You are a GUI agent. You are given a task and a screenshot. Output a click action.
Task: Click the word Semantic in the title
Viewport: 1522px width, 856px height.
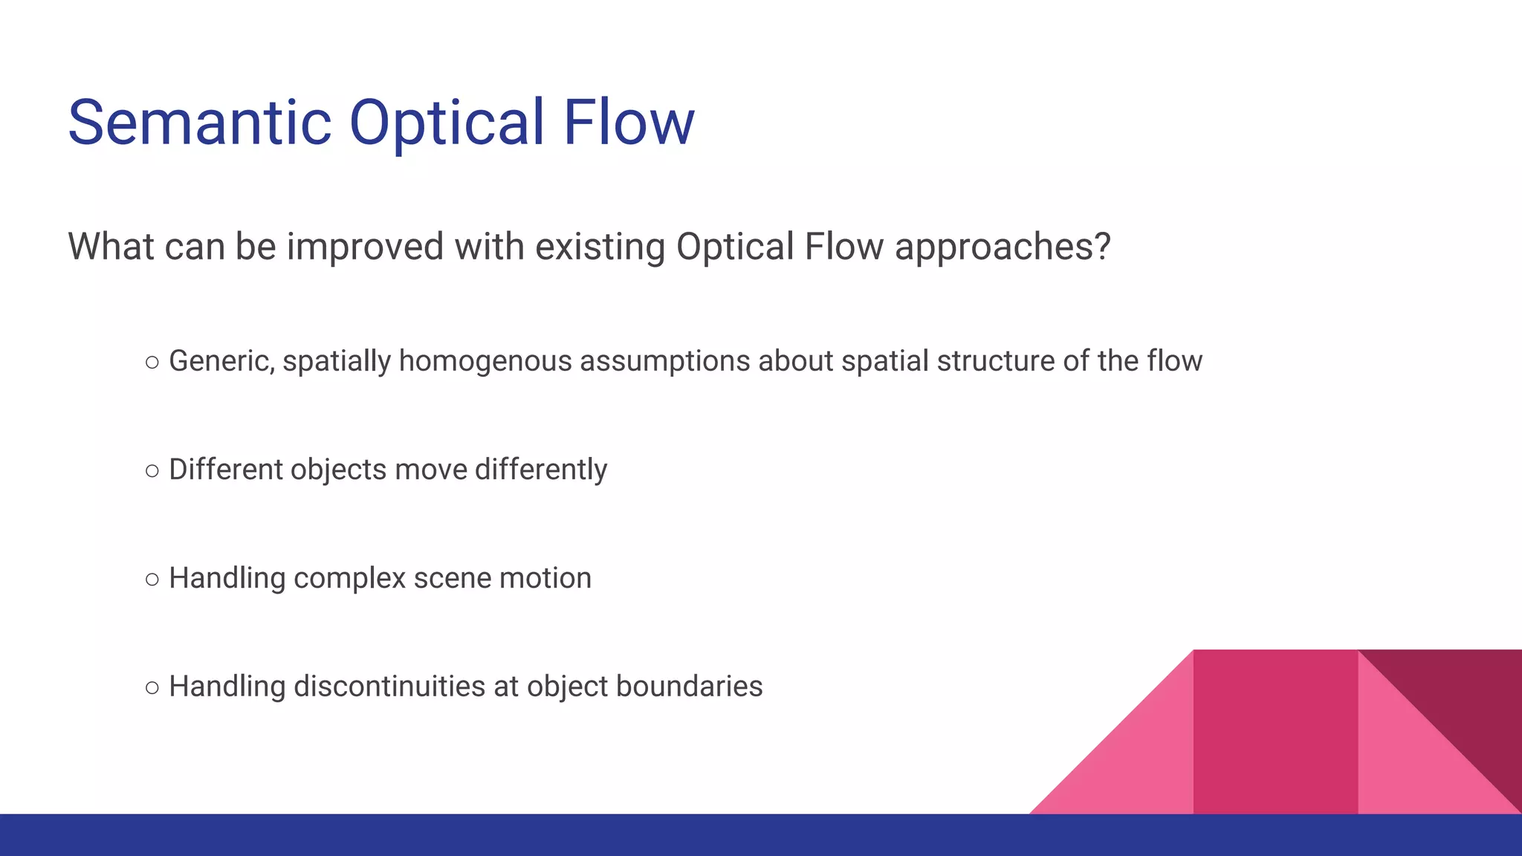199,123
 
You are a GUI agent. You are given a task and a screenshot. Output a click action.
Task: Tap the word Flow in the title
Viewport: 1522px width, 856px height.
628,123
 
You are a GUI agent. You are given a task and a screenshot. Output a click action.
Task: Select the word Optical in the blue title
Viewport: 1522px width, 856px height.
447,123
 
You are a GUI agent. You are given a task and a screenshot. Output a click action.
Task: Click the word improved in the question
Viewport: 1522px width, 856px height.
365,247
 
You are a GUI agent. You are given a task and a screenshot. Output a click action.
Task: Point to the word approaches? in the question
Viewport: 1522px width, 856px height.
1003,247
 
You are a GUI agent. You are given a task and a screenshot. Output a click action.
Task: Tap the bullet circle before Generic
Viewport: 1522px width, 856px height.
152,363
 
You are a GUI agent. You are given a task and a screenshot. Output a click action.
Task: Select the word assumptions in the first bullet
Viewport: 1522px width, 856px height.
664,361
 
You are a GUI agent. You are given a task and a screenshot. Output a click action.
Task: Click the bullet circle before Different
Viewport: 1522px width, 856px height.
152,471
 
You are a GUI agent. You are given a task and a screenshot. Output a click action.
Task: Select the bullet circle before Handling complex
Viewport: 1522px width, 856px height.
152,580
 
